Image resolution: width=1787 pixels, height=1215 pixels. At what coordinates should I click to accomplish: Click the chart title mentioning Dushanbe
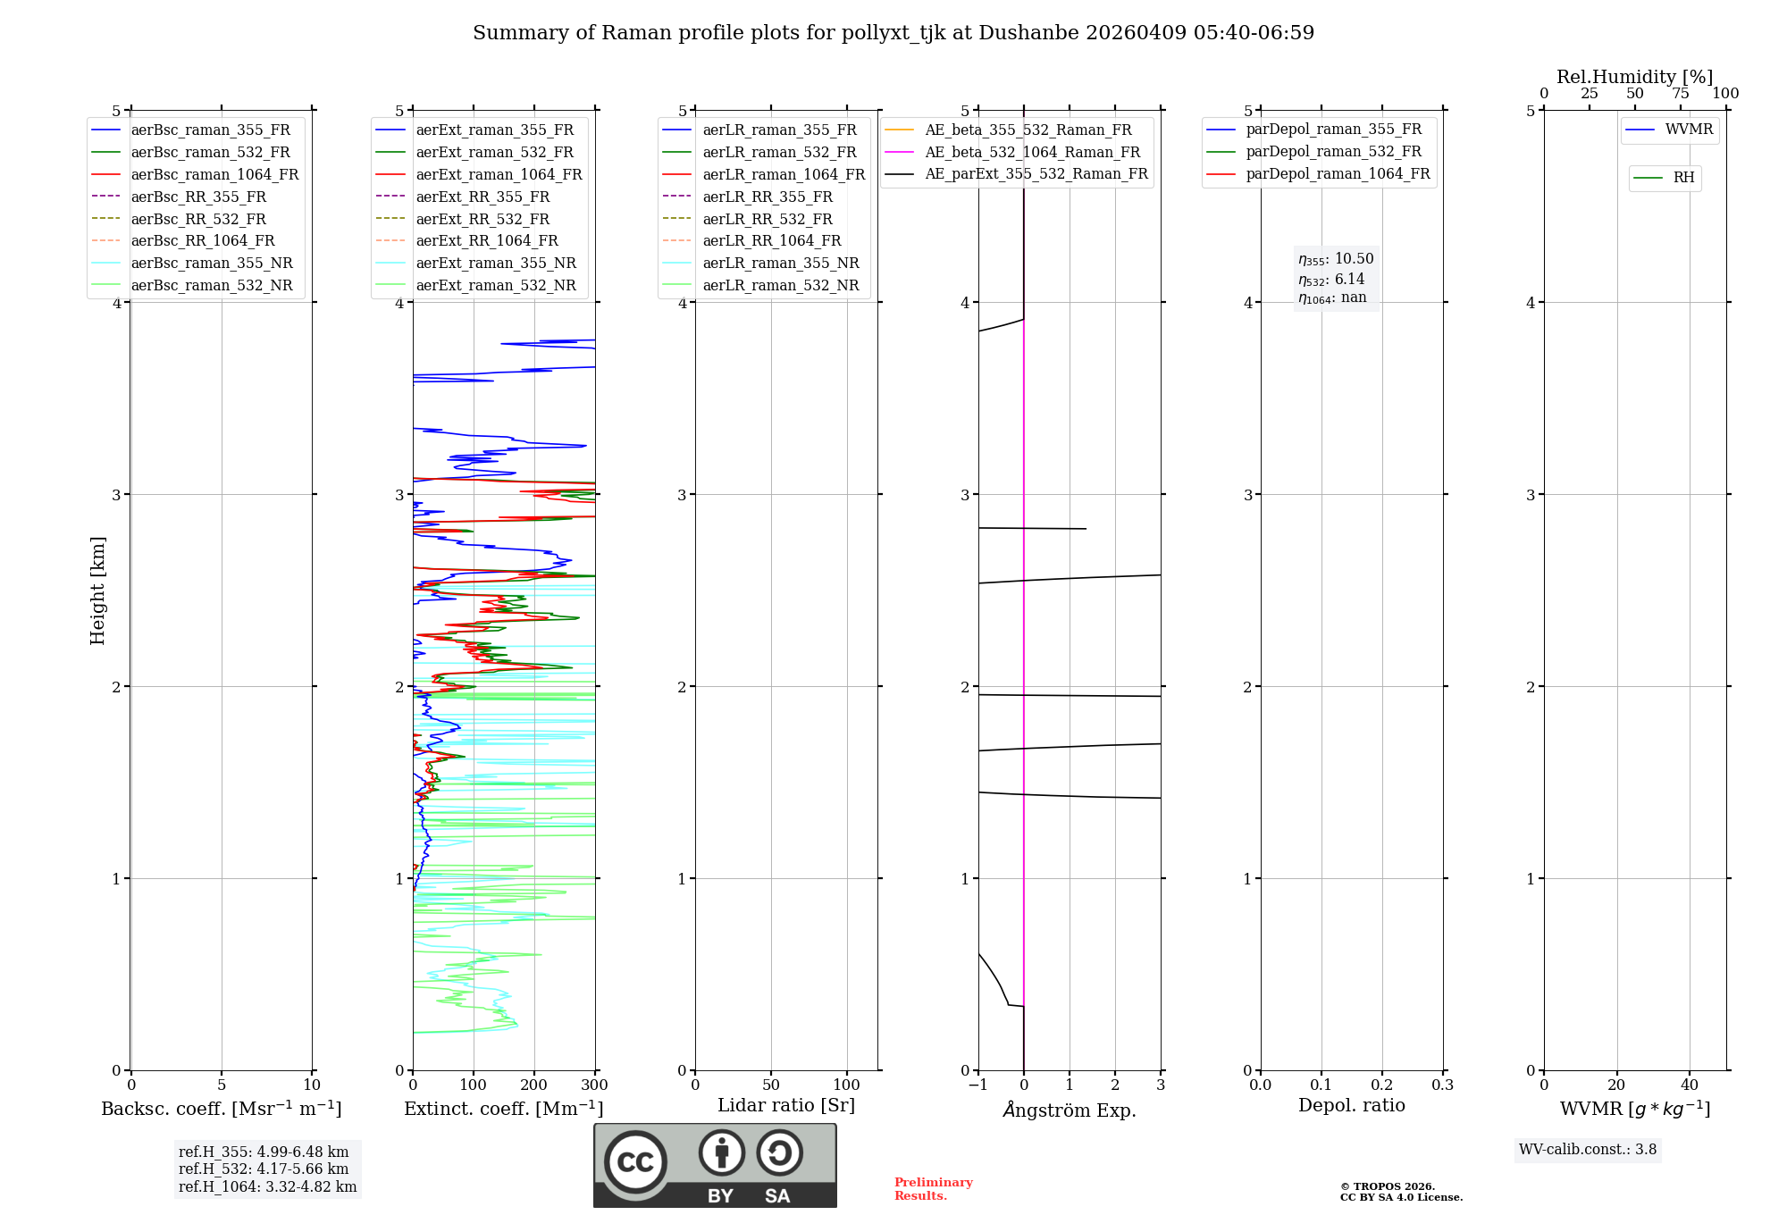[x=893, y=33]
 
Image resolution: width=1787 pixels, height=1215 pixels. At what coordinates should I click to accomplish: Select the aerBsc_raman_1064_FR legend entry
[x=214, y=174]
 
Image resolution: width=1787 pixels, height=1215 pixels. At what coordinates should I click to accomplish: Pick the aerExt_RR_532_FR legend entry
[x=482, y=219]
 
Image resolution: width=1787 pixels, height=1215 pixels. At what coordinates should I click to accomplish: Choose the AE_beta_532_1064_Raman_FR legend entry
[x=1032, y=152]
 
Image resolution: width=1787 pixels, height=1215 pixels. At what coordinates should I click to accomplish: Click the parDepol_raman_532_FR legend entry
[x=1333, y=152]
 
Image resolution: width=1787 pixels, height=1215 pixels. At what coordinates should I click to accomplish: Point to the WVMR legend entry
[x=1689, y=130]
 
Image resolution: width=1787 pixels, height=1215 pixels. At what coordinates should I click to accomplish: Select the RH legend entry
[x=1683, y=178]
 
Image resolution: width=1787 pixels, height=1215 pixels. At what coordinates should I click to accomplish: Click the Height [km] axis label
[x=97, y=590]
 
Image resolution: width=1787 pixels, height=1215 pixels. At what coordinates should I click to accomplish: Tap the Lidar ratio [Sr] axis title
[x=786, y=1105]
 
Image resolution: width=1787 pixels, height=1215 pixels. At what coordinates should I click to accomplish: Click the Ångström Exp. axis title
[x=1070, y=1110]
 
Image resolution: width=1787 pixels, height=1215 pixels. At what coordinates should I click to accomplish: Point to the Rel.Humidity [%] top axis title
[x=1634, y=77]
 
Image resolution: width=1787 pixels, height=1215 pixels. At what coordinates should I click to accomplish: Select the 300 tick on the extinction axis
[x=594, y=1085]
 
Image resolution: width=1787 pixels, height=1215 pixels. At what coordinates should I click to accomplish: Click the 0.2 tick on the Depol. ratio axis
[x=1382, y=1085]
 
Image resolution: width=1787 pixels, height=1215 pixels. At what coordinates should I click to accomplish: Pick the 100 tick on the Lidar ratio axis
[x=847, y=1085]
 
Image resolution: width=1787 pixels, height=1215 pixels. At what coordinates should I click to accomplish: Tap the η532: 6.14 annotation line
[x=1331, y=280]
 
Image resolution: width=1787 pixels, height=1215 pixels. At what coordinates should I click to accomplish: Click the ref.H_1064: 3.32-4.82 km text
[x=267, y=1186]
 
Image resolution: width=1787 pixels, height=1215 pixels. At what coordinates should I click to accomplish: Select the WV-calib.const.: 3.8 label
[x=1588, y=1150]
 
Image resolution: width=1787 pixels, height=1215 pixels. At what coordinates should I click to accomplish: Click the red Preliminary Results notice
[x=933, y=1189]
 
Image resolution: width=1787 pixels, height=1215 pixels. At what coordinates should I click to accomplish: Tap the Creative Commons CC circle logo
[x=635, y=1161]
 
